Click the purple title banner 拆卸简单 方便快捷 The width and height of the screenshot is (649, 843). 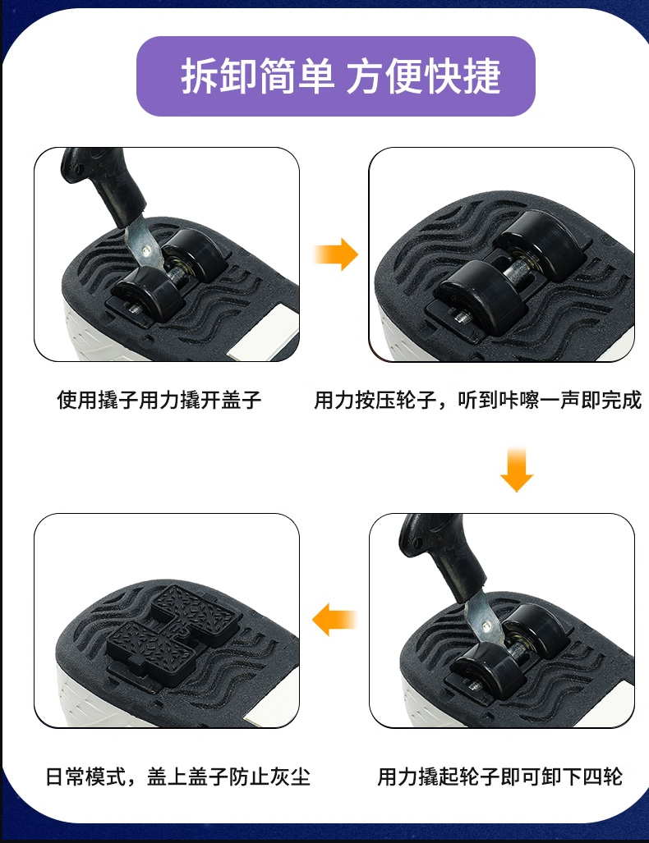tap(335, 76)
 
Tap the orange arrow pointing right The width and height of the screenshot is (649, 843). tap(336, 254)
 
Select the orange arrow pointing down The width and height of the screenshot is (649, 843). tap(517, 470)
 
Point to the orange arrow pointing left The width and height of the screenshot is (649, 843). tap(334, 619)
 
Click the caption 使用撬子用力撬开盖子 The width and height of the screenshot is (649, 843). tap(159, 400)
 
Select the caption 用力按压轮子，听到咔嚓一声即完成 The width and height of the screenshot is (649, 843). tap(478, 400)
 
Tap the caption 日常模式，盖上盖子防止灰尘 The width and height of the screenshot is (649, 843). tap(178, 777)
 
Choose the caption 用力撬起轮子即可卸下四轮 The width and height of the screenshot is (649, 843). tap(500, 777)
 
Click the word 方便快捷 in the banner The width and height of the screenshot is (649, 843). tap(423, 76)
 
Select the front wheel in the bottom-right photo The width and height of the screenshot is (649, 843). tap(488, 667)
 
